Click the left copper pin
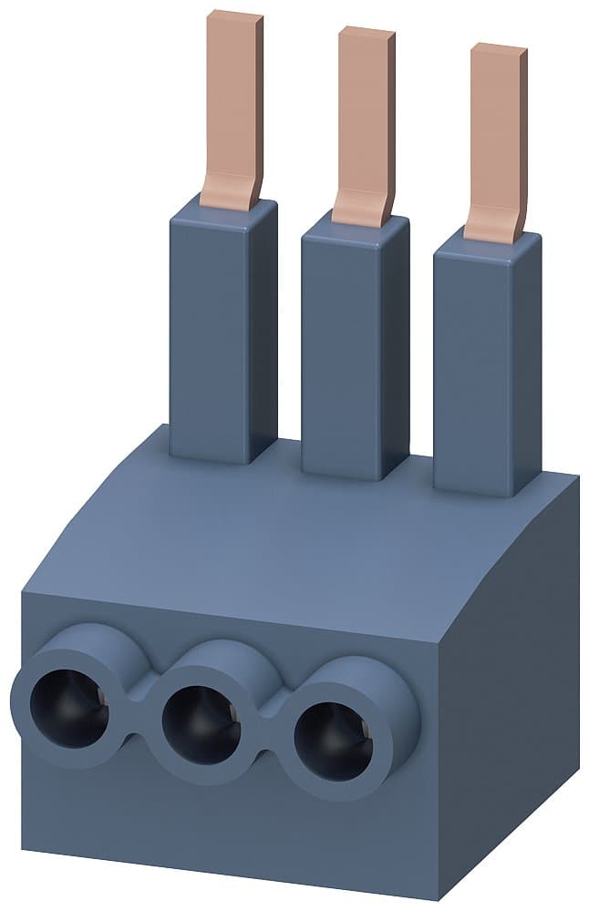click(x=233, y=100)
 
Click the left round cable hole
click(x=68, y=706)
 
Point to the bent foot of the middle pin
click(x=361, y=210)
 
